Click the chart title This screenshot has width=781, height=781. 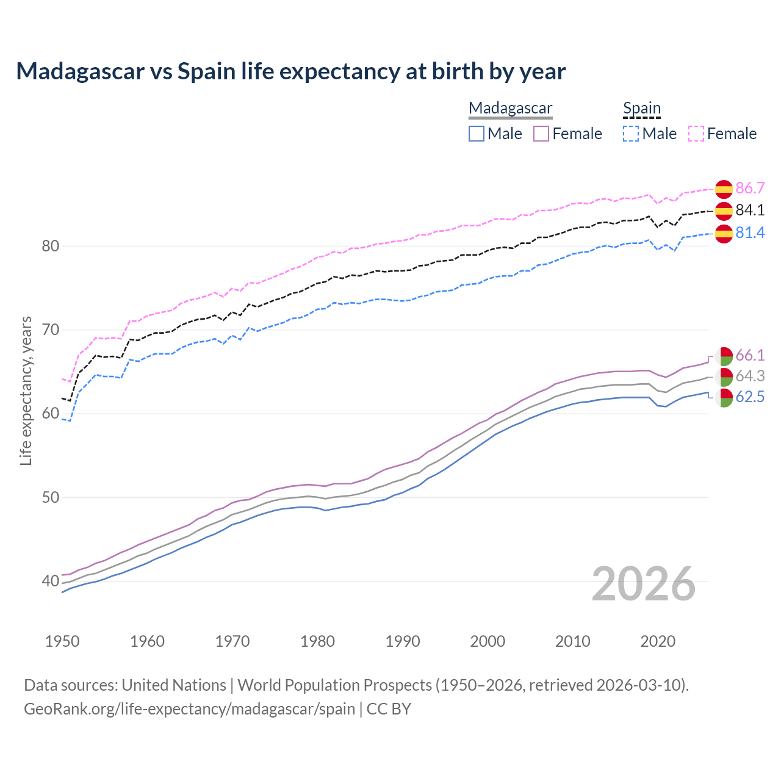[291, 71]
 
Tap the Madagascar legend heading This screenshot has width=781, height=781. [510, 109]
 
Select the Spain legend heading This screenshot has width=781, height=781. [641, 109]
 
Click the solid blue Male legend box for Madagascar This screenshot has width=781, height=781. [477, 134]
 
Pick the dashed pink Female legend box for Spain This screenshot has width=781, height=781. [696, 134]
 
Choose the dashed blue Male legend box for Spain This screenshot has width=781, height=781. [631, 134]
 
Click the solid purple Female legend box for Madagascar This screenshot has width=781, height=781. [542, 134]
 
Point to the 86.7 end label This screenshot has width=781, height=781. [750, 188]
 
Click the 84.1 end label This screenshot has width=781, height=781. [750, 211]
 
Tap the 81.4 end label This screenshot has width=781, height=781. [750, 233]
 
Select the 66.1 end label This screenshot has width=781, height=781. [750, 356]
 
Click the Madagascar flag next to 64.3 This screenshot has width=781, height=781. [724, 376]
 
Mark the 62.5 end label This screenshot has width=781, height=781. [750, 397]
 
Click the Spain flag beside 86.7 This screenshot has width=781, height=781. [724, 189]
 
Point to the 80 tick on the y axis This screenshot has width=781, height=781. [50, 247]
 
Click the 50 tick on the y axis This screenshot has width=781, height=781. [50, 498]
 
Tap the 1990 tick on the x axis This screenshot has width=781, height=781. [403, 641]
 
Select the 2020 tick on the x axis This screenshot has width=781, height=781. [658, 641]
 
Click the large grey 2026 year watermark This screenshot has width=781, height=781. [644, 584]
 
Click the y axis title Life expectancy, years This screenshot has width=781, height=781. [26, 390]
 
